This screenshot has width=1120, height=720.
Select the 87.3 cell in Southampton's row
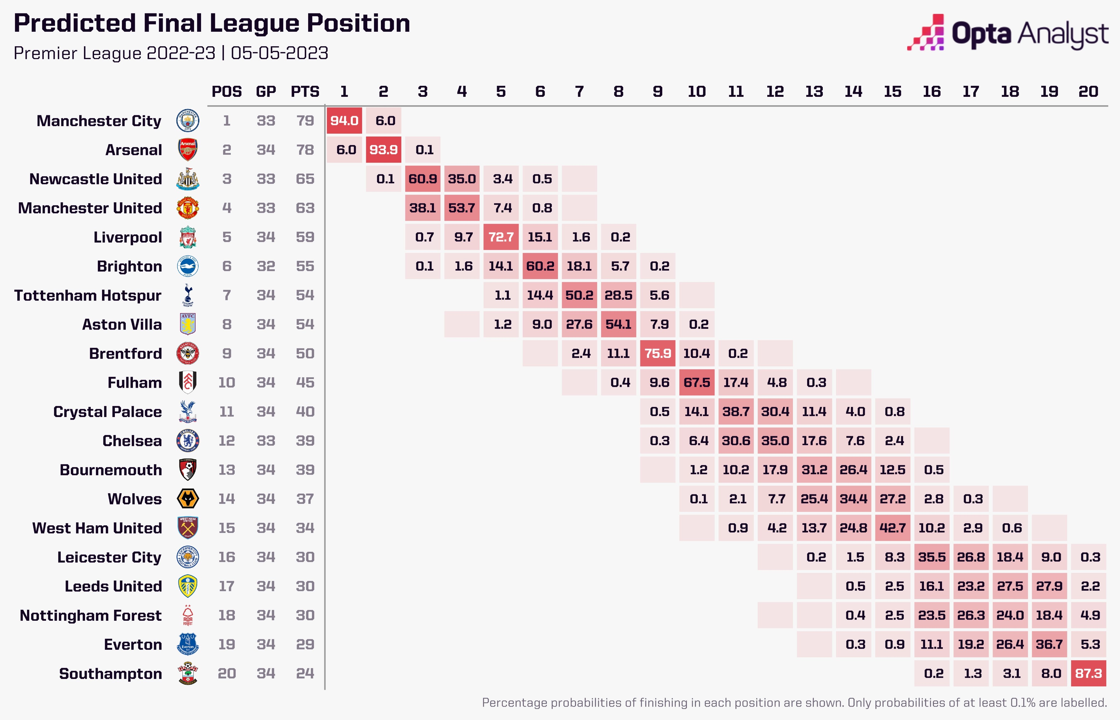(x=1088, y=673)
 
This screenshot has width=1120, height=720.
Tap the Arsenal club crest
(x=188, y=150)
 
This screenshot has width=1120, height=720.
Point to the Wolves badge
(x=188, y=499)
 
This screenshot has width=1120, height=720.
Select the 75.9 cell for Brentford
(x=658, y=354)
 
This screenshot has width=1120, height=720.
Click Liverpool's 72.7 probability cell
(x=501, y=237)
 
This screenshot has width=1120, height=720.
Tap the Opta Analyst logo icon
(x=926, y=33)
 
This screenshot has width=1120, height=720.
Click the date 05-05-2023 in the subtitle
(x=279, y=53)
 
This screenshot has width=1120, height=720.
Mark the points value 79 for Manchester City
(x=305, y=121)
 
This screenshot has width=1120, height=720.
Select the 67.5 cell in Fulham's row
(x=696, y=383)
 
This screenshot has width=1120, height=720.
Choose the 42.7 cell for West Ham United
(x=892, y=528)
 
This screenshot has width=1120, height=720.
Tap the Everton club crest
(x=188, y=644)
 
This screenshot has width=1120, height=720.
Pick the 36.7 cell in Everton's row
(x=1049, y=644)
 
